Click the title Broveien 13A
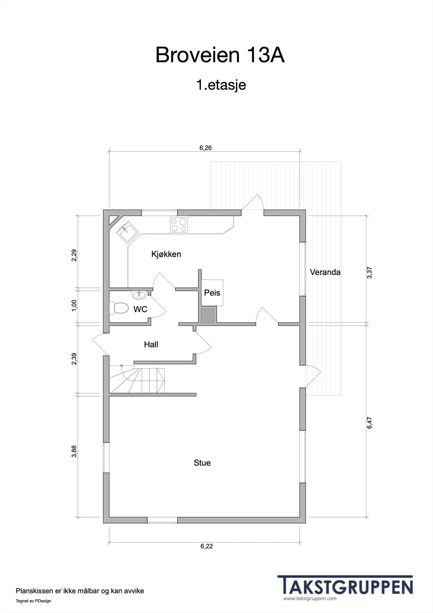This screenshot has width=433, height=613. click(220, 55)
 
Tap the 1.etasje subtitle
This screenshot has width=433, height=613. click(221, 85)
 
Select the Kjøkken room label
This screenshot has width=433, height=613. click(166, 254)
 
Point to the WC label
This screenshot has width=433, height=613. click(141, 309)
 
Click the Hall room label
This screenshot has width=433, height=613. click(151, 344)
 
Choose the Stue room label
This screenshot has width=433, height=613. click(202, 463)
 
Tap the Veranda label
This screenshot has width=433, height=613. click(325, 272)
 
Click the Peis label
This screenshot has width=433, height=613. click(212, 293)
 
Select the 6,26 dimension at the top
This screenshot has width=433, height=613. click(206, 148)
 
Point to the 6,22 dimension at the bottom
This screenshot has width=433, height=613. click(206, 546)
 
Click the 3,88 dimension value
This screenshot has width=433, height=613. click(74, 451)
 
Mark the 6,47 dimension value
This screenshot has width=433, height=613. click(369, 423)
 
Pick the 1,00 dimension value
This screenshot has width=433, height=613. click(74, 306)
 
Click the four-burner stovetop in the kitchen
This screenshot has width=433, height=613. click(179, 225)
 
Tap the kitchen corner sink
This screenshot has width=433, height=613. click(128, 232)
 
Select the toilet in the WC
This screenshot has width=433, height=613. click(119, 308)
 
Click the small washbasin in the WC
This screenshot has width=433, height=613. click(139, 295)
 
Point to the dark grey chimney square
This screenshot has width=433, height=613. click(208, 316)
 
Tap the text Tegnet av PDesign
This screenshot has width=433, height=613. click(33, 601)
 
